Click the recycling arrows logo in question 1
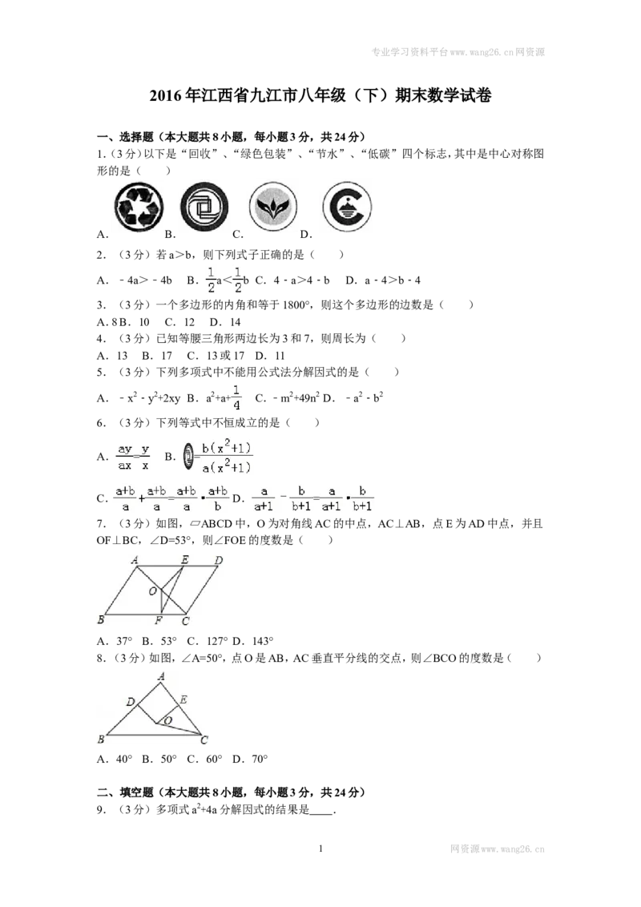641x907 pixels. tap(139, 207)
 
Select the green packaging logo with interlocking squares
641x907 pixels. tap(204, 207)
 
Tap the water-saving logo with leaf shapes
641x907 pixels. tap(273, 207)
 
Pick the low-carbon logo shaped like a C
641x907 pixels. tap(346, 207)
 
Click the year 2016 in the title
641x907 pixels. tap(166, 95)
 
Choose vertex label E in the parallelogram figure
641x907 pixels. tap(184, 559)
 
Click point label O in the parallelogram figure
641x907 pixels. tap(153, 591)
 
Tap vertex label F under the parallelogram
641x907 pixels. tap(159, 621)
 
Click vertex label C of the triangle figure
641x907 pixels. tap(204, 740)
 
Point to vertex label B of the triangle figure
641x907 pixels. tap(101, 740)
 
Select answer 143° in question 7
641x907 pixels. tap(263, 641)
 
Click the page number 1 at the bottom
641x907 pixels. tap(320, 849)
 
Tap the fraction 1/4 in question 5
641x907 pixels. tap(236, 397)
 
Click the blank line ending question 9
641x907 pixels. tap(321, 814)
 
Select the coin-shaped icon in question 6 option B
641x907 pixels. tap(188, 457)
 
